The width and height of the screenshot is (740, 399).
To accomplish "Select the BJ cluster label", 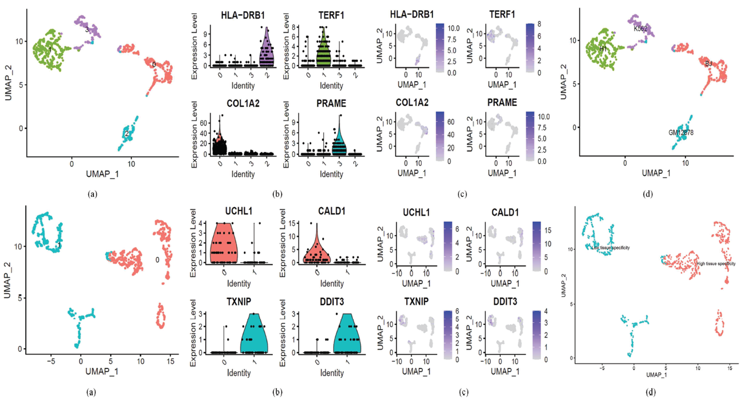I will click(708, 63).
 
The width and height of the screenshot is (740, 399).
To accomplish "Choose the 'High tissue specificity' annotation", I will click(716, 264).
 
